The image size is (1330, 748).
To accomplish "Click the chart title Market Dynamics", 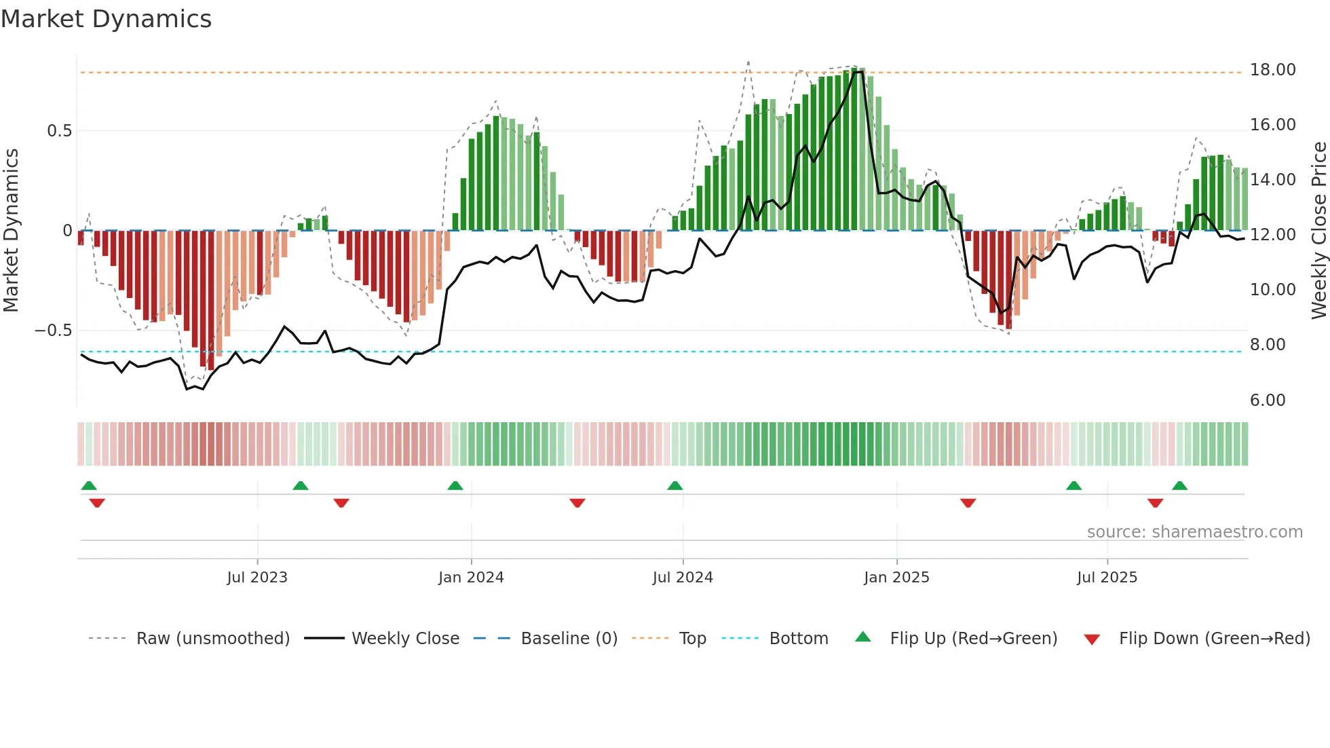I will pos(106,19).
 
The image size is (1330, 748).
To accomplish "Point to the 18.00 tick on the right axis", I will pos(1272,70).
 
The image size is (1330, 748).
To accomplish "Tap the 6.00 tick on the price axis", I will pos(1268,400).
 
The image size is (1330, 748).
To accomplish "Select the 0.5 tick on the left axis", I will pos(59,131).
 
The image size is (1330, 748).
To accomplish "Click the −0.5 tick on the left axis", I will pos(53,331).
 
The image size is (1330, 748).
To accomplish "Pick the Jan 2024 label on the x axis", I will pos(471,578).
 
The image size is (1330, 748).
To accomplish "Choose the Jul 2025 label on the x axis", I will pos(1107,578).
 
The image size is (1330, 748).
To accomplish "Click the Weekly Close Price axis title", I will pos(1318,231).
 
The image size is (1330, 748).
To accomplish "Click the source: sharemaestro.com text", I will pos(1194,532).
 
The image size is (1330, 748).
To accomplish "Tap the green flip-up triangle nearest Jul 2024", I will pos(674,486).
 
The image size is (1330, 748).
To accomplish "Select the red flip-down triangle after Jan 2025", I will pos(968,503).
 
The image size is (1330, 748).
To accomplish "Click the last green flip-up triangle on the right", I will pos(1179,486).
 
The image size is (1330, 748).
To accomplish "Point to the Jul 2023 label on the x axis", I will pos(257,578).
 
